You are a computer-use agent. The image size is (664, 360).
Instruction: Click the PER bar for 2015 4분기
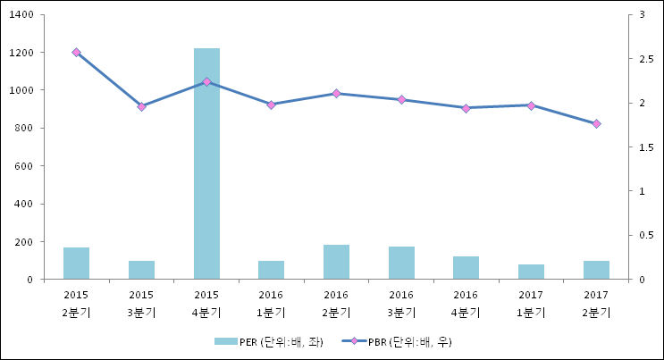pyautogui.click(x=206, y=163)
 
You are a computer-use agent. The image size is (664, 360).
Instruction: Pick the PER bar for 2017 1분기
pyautogui.click(x=531, y=272)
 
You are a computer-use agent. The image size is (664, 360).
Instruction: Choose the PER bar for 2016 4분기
pyautogui.click(x=466, y=268)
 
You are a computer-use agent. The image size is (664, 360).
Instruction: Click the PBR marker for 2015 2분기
pyautogui.click(x=76, y=53)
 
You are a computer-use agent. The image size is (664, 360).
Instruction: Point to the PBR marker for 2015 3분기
pyautogui.click(x=141, y=107)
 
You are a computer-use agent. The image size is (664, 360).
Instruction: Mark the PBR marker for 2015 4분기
pyautogui.click(x=206, y=82)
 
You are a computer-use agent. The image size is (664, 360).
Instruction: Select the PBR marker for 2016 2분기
pyautogui.click(x=336, y=93)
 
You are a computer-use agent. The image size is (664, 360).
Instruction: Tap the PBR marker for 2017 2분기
pyautogui.click(x=596, y=124)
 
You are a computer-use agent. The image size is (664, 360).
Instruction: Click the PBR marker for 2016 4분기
pyautogui.click(x=466, y=108)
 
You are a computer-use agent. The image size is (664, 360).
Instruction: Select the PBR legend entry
pyautogui.click(x=402, y=341)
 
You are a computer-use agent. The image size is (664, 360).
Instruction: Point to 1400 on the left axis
pyautogui.click(x=21, y=15)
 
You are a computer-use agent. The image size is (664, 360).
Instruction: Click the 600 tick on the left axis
pyautogui.click(x=24, y=166)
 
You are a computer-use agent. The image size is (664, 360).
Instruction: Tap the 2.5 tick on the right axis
pyautogui.click(x=640, y=59)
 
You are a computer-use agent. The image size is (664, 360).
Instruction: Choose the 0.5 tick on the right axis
pyautogui.click(x=640, y=235)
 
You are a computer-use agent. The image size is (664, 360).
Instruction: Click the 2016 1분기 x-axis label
pyautogui.click(x=271, y=303)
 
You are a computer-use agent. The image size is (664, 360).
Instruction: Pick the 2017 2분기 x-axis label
pyautogui.click(x=596, y=303)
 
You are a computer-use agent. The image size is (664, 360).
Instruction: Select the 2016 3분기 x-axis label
pyautogui.click(x=401, y=303)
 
